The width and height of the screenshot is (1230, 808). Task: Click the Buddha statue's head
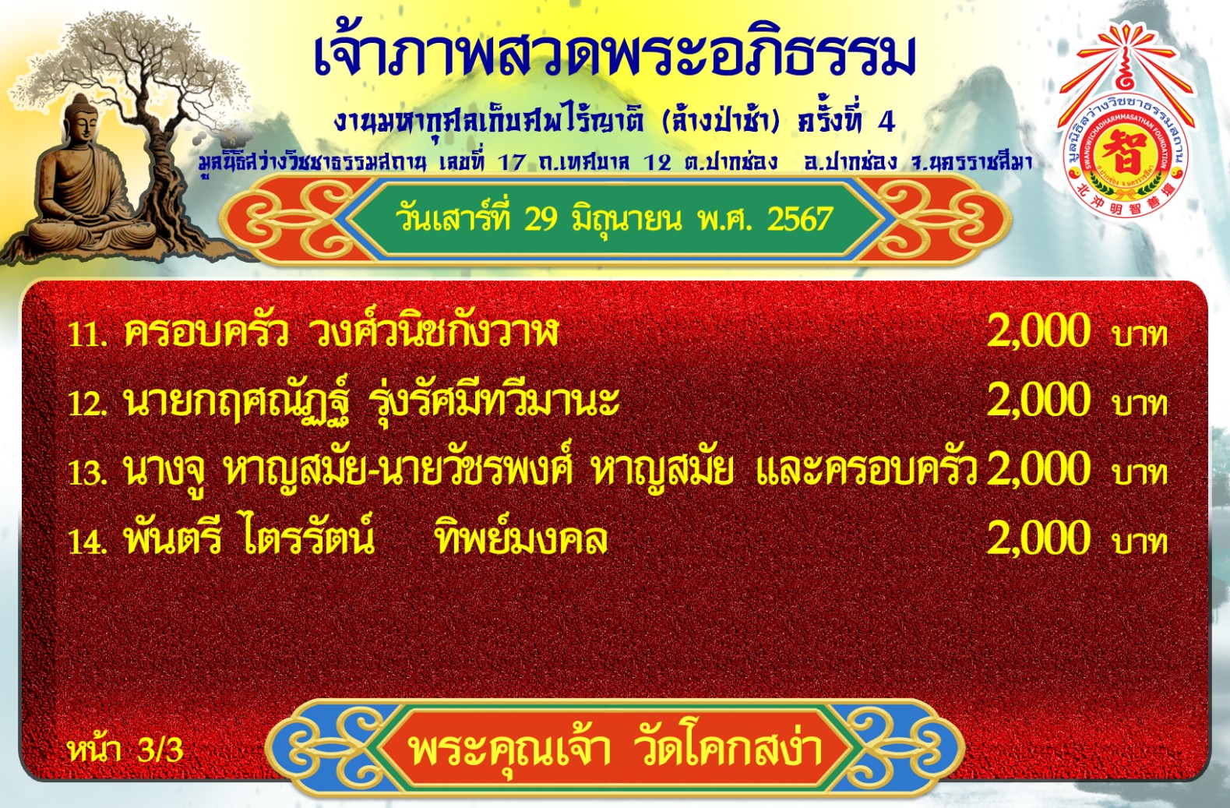82,119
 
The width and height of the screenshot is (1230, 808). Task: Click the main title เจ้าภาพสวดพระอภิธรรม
615,57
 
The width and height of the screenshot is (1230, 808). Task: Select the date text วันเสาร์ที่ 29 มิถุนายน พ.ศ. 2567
614,219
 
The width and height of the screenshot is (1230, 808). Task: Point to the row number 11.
86,334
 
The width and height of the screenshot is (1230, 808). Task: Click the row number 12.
86,403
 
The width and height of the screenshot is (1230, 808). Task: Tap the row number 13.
86,472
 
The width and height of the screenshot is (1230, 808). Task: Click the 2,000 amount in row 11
1038,330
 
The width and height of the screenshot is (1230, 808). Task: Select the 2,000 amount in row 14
1038,538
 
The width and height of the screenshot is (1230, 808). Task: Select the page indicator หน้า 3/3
125,750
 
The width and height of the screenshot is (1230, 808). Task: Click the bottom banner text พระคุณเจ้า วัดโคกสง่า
615,748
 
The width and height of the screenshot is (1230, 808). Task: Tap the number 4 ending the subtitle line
886,122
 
